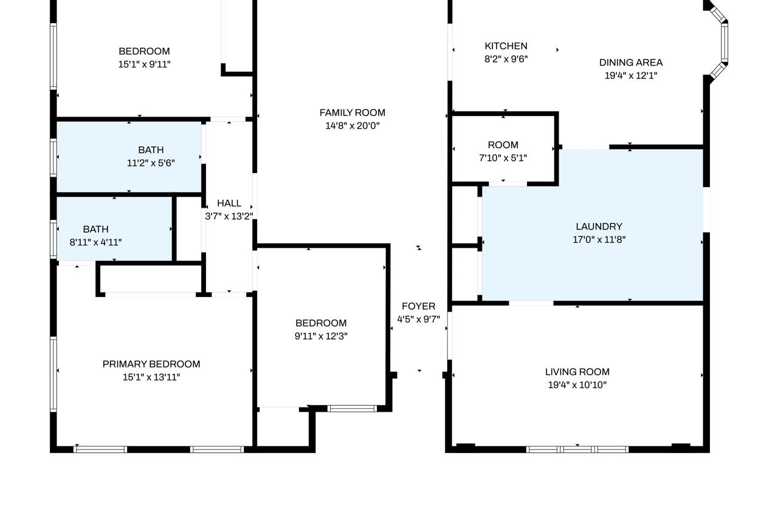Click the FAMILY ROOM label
pyautogui.click(x=352, y=113)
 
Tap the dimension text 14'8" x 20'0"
pyautogui.click(x=352, y=126)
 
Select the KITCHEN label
pyautogui.click(x=506, y=46)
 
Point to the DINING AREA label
pyautogui.click(x=631, y=63)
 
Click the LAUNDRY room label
pyautogui.click(x=599, y=227)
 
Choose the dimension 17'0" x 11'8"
pyautogui.click(x=599, y=239)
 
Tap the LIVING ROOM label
pyautogui.click(x=577, y=372)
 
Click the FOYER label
pyautogui.click(x=419, y=306)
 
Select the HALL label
pyautogui.click(x=229, y=203)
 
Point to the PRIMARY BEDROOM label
pyautogui.click(x=151, y=364)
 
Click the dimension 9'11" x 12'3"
pyautogui.click(x=321, y=336)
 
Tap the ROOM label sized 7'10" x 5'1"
pyautogui.click(x=503, y=145)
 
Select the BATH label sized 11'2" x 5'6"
pyautogui.click(x=151, y=150)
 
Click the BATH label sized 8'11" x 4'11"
pyautogui.click(x=95, y=230)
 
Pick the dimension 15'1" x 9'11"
pyautogui.click(x=144, y=64)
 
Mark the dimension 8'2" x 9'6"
pyautogui.click(x=506, y=59)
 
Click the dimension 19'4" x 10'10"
pyautogui.click(x=577, y=385)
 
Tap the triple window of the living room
pyautogui.click(x=577, y=449)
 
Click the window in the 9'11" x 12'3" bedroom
pyautogui.click(x=352, y=409)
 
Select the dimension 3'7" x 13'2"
pyautogui.click(x=229, y=216)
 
